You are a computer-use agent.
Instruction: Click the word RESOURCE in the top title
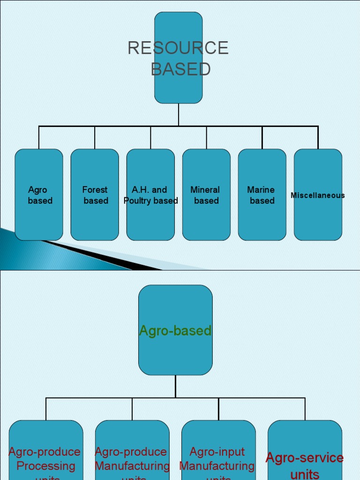point(178,48)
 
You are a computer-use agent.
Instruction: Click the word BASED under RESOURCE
point(180,69)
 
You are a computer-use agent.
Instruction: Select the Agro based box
point(39,195)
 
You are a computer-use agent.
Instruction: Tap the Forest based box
point(95,195)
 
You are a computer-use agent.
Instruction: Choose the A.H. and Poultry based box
point(150,195)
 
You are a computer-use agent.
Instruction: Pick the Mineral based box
point(206,195)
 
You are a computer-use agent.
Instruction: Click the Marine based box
point(262,195)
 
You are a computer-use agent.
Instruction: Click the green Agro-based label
point(175,331)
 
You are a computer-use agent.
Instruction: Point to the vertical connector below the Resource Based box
point(179,114)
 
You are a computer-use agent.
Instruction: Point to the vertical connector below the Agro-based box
point(175,386)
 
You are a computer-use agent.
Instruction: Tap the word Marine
point(261,190)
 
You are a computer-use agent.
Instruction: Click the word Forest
point(95,190)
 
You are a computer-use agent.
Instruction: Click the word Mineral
point(205,190)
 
